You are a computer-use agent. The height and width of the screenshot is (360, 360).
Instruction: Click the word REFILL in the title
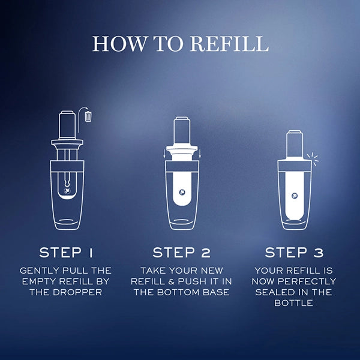point(229,43)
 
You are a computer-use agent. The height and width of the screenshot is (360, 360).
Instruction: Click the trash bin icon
point(88,116)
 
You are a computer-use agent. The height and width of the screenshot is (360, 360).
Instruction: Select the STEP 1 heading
point(66,253)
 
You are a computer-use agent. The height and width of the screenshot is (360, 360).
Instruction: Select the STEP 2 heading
point(181,253)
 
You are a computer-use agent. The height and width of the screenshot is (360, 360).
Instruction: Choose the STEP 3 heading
point(294,253)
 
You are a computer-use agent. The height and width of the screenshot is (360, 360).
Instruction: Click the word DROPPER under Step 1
point(77,292)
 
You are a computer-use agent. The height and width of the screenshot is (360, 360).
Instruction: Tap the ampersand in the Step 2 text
point(171,281)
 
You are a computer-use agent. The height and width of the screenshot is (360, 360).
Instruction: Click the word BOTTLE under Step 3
point(293,303)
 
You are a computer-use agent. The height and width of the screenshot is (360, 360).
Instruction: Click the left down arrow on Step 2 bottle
point(164,154)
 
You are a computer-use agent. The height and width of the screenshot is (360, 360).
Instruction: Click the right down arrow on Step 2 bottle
point(200,154)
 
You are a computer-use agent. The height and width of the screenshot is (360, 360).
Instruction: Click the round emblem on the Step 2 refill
point(182,192)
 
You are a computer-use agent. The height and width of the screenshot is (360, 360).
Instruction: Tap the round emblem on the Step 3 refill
point(295,196)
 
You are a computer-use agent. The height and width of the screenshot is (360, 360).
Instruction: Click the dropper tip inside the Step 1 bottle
point(67,183)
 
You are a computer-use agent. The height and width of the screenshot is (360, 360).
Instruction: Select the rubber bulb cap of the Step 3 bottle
point(295,143)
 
